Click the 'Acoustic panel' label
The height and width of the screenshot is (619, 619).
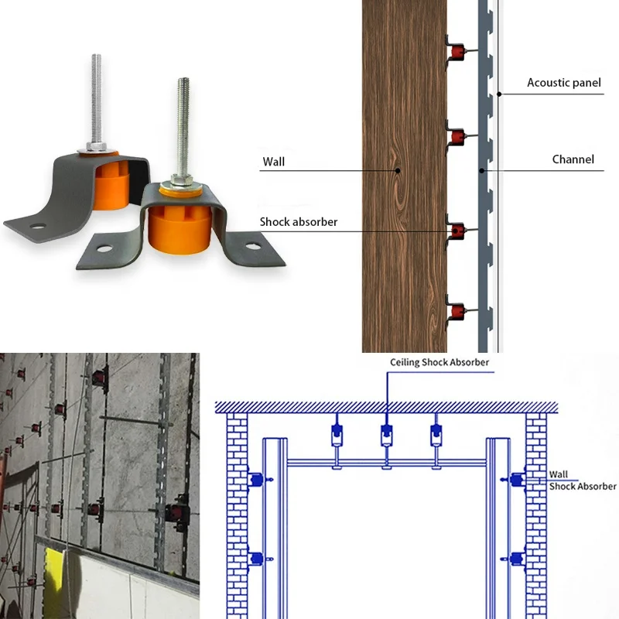coord(563,83)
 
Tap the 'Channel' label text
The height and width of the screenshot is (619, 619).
coord(573,160)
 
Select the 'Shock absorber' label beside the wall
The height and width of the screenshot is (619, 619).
coord(299,222)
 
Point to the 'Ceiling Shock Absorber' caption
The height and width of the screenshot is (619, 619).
coord(439,362)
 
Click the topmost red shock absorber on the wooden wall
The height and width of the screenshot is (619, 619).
coord(457,52)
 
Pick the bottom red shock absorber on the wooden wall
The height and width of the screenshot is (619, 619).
coord(457,313)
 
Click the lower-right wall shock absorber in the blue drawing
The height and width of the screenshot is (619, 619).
coord(515,556)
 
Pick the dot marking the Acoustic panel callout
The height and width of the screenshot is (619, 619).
coord(499,94)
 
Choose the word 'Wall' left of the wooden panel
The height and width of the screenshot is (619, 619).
coord(274,162)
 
